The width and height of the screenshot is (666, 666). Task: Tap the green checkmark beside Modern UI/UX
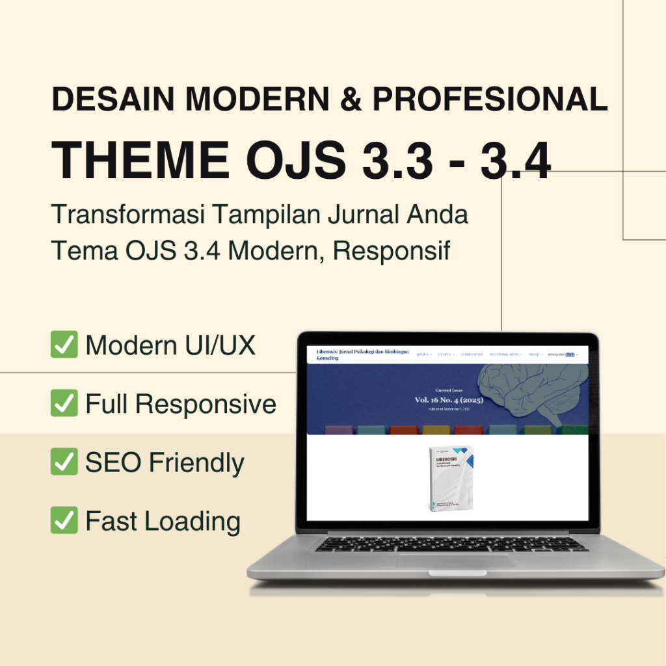64,345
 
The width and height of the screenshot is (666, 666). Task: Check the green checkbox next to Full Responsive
64,403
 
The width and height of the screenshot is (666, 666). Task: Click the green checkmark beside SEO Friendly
64,462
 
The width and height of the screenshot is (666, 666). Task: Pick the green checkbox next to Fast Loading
64,520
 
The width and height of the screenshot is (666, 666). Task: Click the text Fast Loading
163,522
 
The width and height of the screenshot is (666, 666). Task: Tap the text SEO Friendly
165,463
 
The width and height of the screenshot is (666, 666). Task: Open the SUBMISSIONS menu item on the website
472,354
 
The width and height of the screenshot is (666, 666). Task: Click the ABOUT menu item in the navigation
535,354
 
